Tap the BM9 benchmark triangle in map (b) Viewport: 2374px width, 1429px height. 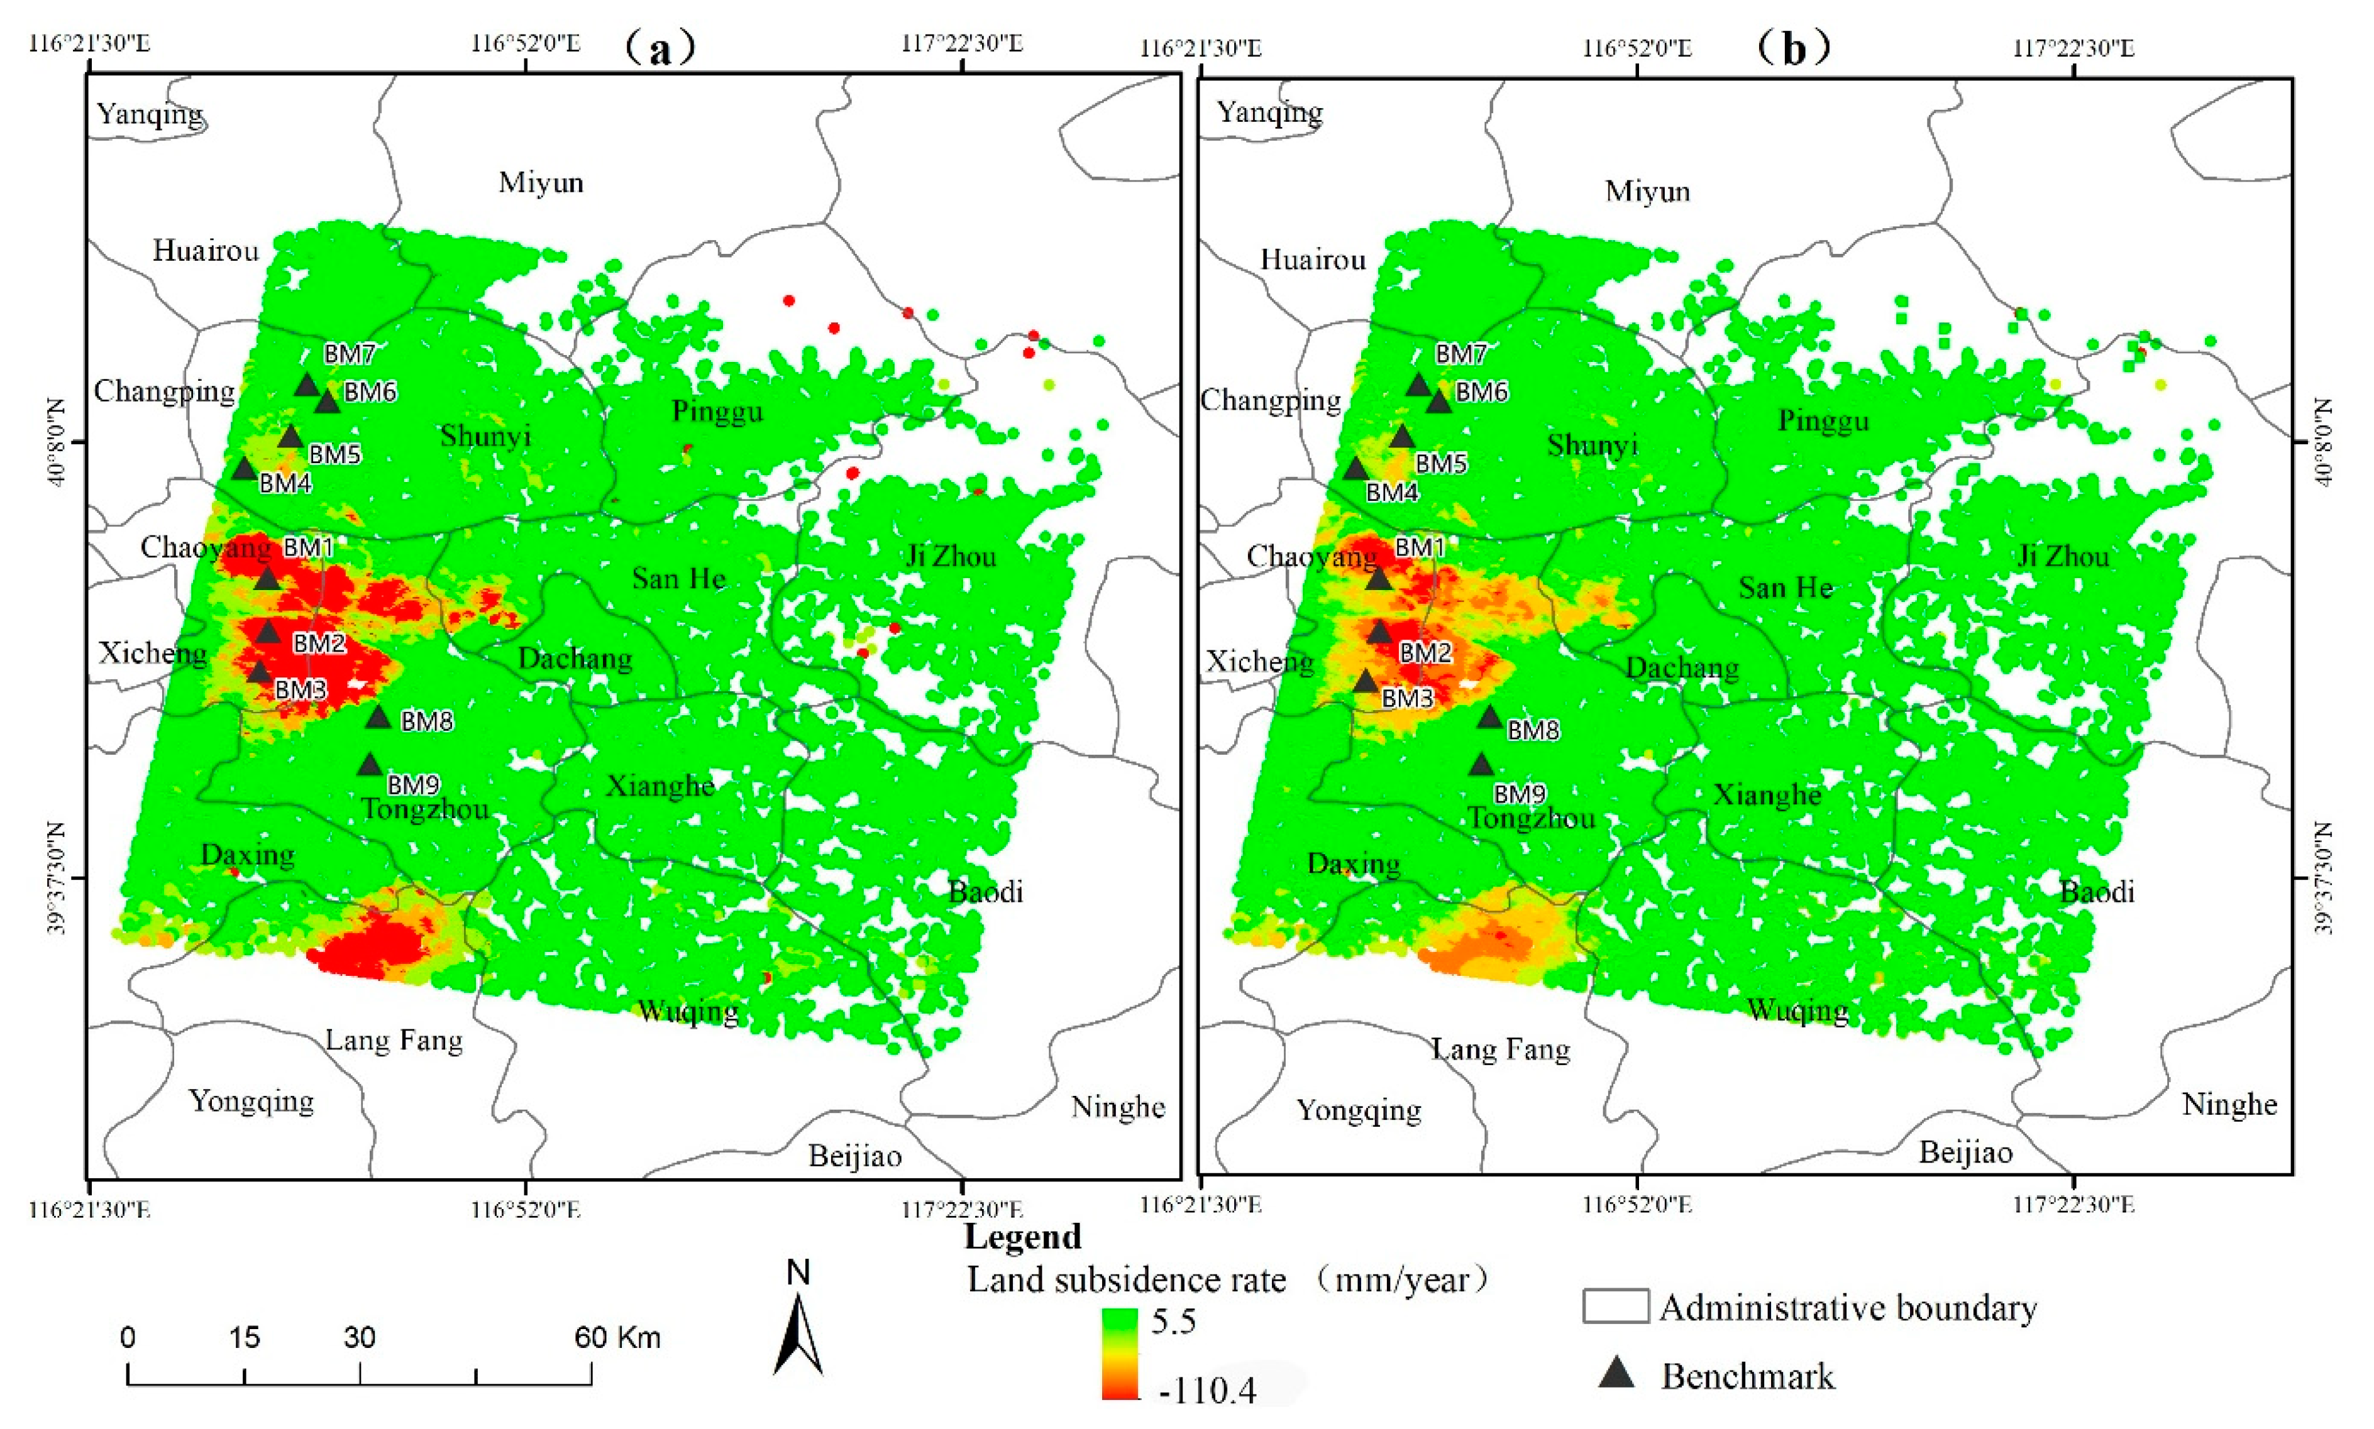[1480, 765]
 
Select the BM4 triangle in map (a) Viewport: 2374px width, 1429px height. [244, 469]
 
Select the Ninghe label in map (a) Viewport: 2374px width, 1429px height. [1117, 1107]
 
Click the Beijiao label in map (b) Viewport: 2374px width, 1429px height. [1965, 1153]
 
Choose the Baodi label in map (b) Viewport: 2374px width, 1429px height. [2097, 892]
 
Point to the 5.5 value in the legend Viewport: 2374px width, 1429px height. [1173, 1320]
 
